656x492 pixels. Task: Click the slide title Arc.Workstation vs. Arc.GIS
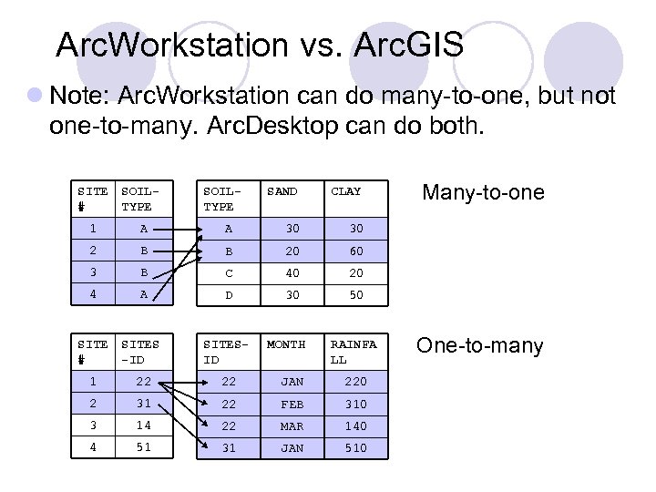[259, 43]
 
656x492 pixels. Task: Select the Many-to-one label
[482, 192]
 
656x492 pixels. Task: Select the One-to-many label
[479, 346]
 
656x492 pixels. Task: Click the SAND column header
[282, 191]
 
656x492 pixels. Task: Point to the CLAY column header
[345, 191]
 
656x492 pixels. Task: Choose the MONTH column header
[285, 344]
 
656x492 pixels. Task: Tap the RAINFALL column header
[353, 352]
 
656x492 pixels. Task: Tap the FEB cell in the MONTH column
[292, 404]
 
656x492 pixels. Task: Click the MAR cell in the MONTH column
[292, 425]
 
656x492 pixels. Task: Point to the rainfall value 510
[355, 447]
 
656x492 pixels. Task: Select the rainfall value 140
[355, 425]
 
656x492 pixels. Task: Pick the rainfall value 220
[355, 382]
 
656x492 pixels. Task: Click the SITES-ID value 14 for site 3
[144, 425]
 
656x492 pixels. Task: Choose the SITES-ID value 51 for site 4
[144, 447]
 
